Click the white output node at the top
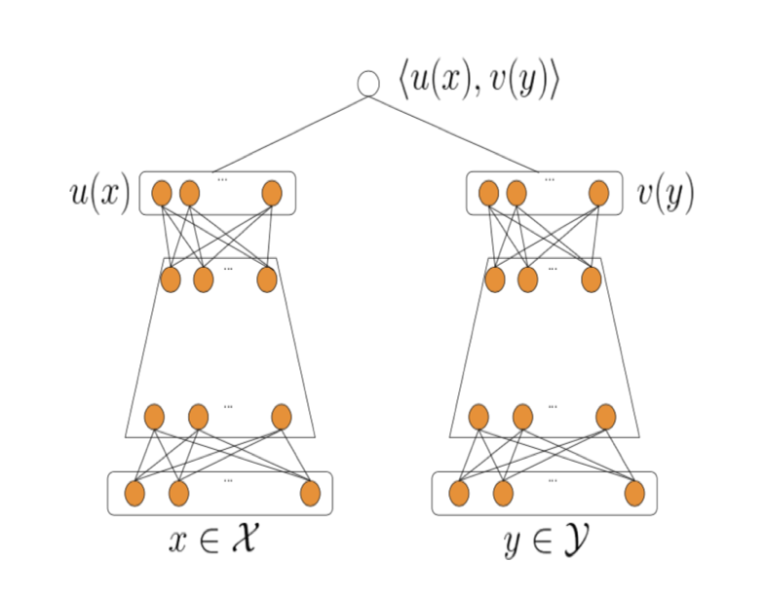pyautogui.click(x=368, y=84)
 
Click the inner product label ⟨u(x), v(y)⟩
pyautogui.click(x=478, y=82)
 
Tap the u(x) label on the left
pyautogui.click(x=98, y=193)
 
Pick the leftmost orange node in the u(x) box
pyautogui.click(x=163, y=193)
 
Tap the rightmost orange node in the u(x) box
pyautogui.click(x=272, y=193)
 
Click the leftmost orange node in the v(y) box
pyautogui.click(x=489, y=193)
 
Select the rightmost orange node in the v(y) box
pyautogui.click(x=598, y=193)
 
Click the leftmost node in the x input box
pyautogui.click(x=134, y=494)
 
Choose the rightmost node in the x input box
pyautogui.click(x=310, y=494)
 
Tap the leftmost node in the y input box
pyautogui.click(x=459, y=494)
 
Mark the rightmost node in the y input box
pyautogui.click(x=634, y=494)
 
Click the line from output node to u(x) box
pyautogui.click(x=289, y=133)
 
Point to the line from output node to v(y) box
pyautogui.click(x=453, y=133)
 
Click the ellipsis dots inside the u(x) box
pyautogui.click(x=222, y=179)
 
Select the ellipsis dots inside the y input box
pyautogui.click(x=553, y=480)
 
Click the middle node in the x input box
pyautogui.click(x=178, y=494)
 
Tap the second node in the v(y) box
pyautogui.click(x=516, y=193)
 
